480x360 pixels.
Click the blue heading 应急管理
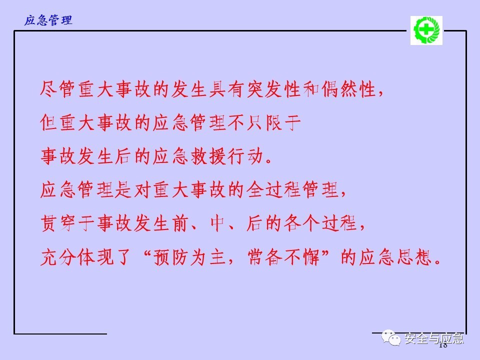pos(48,20)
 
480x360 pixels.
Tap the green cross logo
pos(426,30)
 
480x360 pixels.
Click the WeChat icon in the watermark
pos(391,337)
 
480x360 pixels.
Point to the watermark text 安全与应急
pos(434,338)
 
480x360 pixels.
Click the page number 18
pos(443,345)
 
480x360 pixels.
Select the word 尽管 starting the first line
pos(57,89)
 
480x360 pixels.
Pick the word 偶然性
pos(349,89)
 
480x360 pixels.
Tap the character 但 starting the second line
pos(48,123)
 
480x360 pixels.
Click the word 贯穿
pos(57,223)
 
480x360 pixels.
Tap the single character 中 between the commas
pos(218,223)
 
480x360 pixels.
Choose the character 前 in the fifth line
pos(180,223)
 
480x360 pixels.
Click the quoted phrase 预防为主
pos(189,257)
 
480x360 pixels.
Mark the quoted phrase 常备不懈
pos(283,257)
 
